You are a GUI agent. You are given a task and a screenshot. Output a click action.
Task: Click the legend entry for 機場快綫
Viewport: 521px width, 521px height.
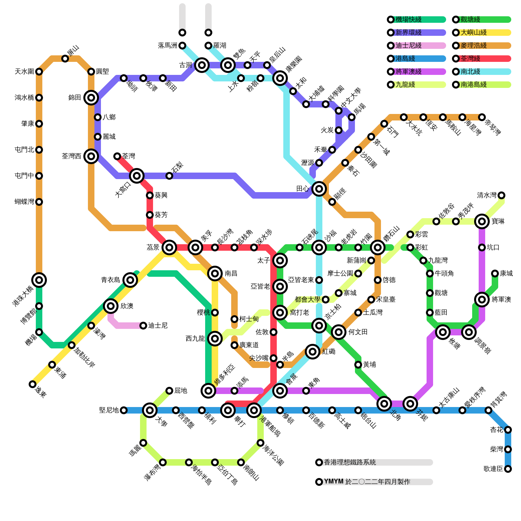(x=408, y=20)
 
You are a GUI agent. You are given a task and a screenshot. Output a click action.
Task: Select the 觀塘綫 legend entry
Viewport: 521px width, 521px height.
(x=470, y=20)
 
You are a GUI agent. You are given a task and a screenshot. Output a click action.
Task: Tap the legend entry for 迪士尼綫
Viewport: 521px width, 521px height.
(x=408, y=46)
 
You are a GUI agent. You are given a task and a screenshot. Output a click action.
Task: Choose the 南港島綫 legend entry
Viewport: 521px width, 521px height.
(x=473, y=85)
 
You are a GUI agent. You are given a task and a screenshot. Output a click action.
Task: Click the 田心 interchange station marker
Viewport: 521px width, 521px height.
(x=319, y=189)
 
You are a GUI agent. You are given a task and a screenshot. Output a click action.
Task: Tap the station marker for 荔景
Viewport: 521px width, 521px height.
(x=169, y=247)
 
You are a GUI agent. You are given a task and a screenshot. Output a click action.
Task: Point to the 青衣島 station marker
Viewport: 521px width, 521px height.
(x=130, y=280)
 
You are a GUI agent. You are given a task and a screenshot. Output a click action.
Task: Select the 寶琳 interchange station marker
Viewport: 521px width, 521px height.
(x=482, y=221)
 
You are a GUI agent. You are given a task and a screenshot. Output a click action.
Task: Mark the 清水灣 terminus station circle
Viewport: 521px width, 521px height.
(x=501, y=195)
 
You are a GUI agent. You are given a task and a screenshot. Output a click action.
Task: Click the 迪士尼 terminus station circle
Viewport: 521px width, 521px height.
(x=143, y=326)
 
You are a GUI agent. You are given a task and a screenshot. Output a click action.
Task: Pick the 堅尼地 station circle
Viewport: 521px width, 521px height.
(x=124, y=410)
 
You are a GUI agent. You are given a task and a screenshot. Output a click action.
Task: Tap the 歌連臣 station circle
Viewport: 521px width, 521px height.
(x=508, y=469)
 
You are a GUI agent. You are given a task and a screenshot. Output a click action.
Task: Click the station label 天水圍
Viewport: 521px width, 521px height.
(x=24, y=72)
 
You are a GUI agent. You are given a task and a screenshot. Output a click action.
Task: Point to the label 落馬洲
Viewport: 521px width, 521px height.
(x=167, y=46)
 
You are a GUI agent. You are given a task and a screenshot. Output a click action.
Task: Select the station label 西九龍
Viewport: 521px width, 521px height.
(x=195, y=339)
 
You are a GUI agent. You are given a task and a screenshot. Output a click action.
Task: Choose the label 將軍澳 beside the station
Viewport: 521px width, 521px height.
(x=501, y=300)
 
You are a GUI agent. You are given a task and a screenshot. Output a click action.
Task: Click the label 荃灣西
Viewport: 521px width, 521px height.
(x=71, y=156)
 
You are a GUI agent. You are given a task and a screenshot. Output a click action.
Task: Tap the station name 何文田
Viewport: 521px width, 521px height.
(x=358, y=332)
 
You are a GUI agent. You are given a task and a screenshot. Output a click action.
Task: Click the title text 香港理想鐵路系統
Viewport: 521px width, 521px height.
(x=350, y=462)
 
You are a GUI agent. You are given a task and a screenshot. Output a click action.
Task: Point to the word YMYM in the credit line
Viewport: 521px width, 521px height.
(x=334, y=482)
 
